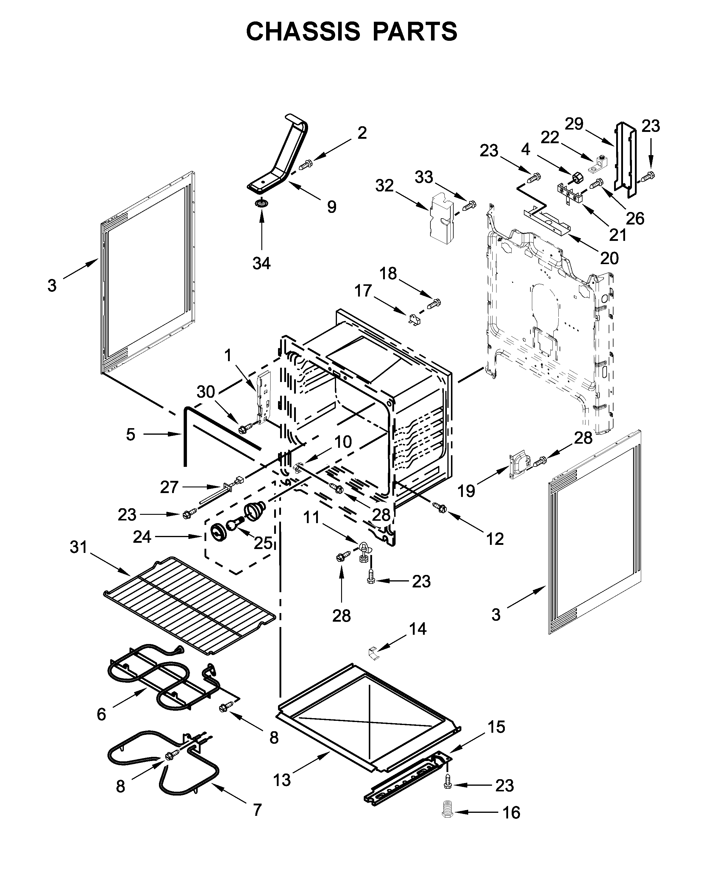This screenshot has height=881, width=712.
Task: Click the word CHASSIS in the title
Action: [303, 32]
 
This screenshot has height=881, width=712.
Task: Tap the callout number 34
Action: [262, 263]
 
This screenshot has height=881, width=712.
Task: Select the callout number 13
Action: [282, 780]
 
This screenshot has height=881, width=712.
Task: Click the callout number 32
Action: [384, 186]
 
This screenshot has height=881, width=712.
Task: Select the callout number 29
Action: [574, 124]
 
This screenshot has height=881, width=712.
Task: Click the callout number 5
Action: [130, 434]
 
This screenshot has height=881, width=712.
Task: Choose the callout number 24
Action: [142, 537]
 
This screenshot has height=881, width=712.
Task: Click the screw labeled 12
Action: [440, 508]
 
